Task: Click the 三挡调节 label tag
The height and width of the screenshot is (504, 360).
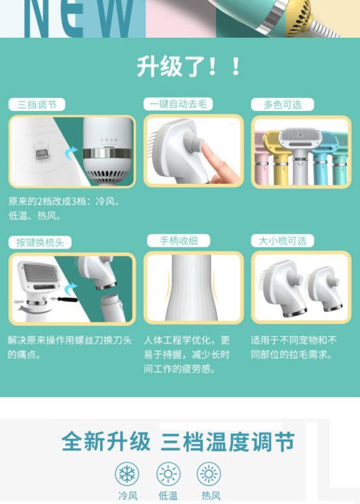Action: coord(36,105)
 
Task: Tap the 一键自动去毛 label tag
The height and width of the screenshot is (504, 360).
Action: coord(178,104)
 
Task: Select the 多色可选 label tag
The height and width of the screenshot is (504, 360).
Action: coord(282,105)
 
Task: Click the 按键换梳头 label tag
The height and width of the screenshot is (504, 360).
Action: coord(40,242)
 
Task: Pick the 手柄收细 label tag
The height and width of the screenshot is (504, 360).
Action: coord(179,241)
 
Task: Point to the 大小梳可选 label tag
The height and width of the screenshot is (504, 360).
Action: coord(282,241)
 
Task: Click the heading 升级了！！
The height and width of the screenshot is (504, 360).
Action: coord(188,66)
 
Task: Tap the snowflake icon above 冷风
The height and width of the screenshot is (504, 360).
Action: coord(127,473)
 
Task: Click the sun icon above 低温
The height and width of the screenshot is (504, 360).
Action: coord(168,473)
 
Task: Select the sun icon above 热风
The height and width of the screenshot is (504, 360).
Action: coord(209,473)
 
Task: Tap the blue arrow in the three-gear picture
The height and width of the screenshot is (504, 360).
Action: coord(70,153)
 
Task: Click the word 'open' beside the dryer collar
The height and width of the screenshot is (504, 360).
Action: coord(19,302)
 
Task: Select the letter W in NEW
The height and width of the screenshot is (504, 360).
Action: coord(115,18)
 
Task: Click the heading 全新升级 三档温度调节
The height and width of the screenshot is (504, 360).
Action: coord(178,441)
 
